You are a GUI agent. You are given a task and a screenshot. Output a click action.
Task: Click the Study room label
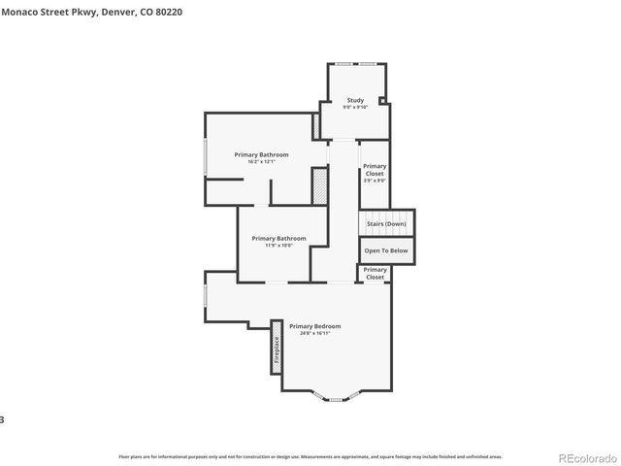(355, 100)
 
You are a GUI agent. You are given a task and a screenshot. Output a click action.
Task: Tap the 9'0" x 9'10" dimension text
(355, 107)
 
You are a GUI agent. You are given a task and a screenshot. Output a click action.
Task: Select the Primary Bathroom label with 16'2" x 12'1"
(261, 154)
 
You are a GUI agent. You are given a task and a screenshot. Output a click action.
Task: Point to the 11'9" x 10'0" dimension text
(278, 246)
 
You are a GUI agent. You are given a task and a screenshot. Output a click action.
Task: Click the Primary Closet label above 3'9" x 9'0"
(375, 170)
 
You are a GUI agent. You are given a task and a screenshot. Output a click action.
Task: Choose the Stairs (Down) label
(386, 224)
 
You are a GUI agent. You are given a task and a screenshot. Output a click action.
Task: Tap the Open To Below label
(386, 250)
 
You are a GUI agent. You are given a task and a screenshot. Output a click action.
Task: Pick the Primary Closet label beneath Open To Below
(375, 273)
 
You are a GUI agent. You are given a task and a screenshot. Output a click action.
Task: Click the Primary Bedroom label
(314, 326)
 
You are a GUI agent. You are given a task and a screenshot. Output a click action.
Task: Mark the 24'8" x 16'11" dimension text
(314, 334)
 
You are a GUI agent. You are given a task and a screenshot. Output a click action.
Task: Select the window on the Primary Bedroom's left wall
(205, 296)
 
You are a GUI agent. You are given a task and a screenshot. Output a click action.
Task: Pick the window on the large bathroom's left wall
(205, 157)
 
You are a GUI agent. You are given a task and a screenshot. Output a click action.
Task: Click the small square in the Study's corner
(382, 100)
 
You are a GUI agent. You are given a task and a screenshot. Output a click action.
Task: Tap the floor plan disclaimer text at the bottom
(310, 455)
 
